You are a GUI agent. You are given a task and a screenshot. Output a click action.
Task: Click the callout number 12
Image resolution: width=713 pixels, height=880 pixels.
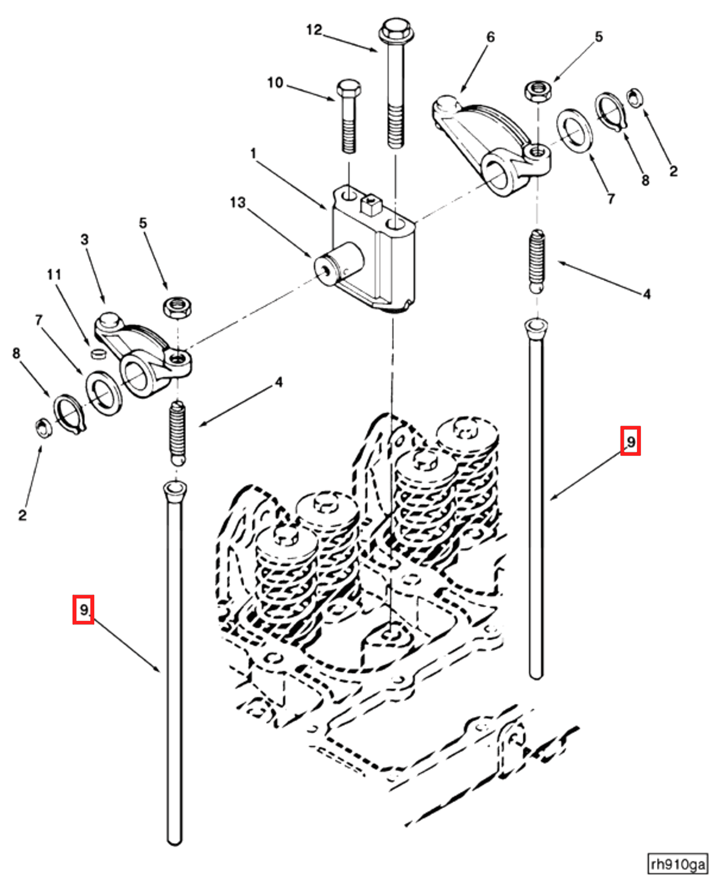click(x=314, y=30)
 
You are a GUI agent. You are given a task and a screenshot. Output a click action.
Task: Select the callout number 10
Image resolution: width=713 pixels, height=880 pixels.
click(x=275, y=82)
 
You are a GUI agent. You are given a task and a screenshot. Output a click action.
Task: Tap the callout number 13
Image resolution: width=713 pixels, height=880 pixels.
click(x=238, y=203)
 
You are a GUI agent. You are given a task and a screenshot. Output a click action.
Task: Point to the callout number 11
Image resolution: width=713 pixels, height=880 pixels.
click(x=54, y=274)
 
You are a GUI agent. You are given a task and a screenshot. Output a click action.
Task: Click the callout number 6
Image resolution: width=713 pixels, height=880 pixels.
click(x=490, y=37)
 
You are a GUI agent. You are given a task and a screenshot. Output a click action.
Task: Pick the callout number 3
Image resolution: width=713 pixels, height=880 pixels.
click(x=85, y=240)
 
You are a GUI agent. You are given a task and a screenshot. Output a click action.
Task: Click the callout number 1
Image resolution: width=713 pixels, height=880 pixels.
click(x=253, y=153)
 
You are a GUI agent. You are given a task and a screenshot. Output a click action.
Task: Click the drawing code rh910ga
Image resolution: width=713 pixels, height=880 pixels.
click(x=677, y=863)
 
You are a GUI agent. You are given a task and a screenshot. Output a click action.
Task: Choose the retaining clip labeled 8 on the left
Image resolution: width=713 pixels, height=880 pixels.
click(x=69, y=414)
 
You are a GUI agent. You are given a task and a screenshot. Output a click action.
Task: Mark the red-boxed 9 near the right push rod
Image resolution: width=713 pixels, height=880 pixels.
click(x=630, y=441)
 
